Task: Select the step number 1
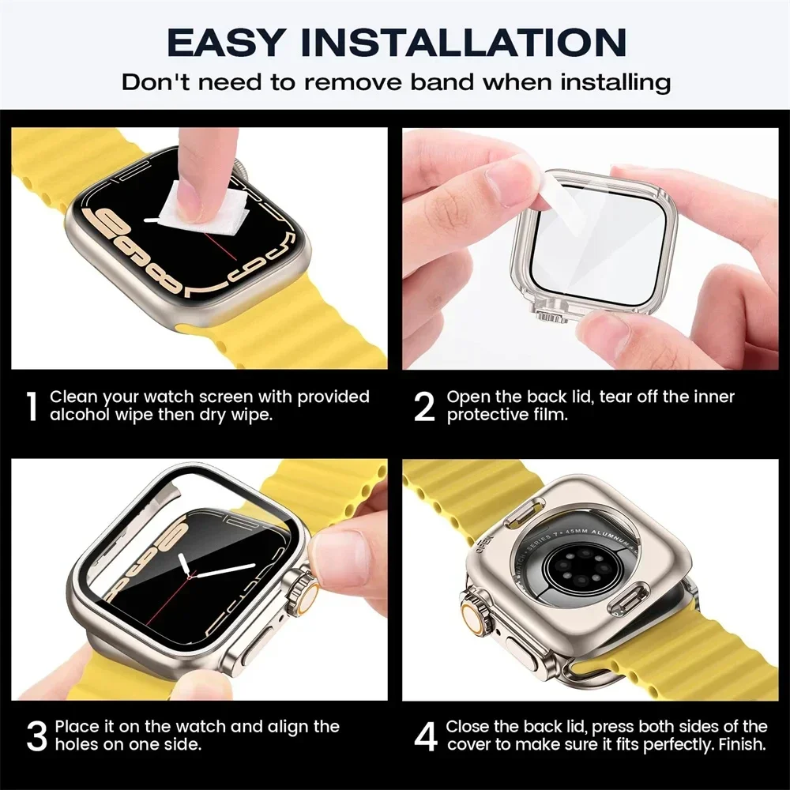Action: tap(31, 406)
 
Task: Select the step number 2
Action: tap(424, 406)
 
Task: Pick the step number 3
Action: tap(36, 735)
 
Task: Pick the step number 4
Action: tap(426, 735)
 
